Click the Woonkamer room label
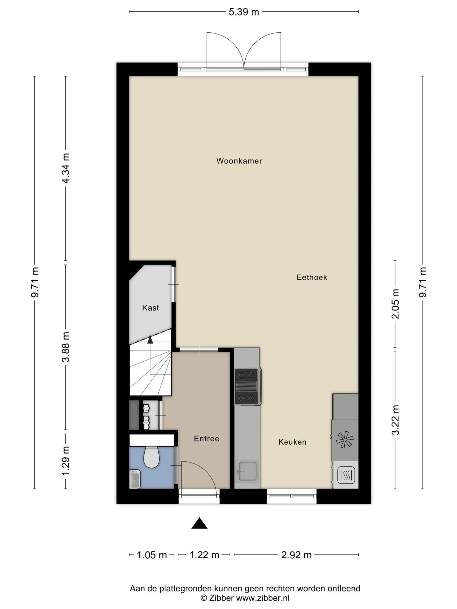(x=239, y=161)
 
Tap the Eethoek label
(x=312, y=277)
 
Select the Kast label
(x=150, y=308)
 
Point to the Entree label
(x=207, y=439)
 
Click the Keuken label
(x=292, y=442)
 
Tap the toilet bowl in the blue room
(x=151, y=457)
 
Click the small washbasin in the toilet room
(x=135, y=479)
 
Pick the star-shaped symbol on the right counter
(x=345, y=440)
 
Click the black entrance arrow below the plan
(x=199, y=523)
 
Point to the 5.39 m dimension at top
(x=244, y=12)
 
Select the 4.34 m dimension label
(x=66, y=168)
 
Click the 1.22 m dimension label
(x=204, y=555)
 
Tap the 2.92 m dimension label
(x=296, y=555)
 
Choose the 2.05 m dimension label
(x=395, y=304)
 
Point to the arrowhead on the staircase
(x=150, y=340)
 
